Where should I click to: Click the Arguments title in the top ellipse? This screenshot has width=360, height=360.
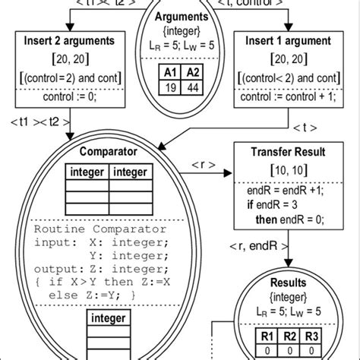179,16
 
